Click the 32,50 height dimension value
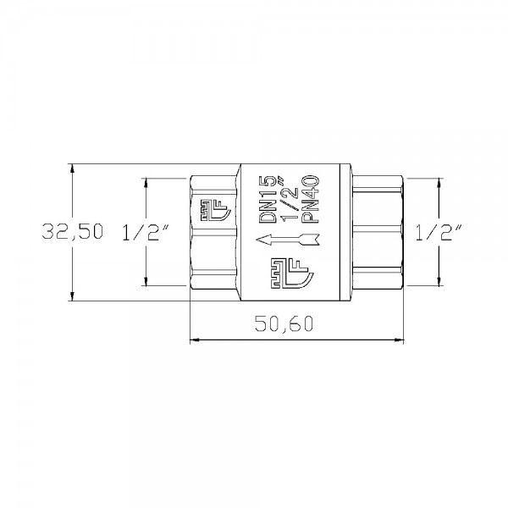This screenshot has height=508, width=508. point(72,231)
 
